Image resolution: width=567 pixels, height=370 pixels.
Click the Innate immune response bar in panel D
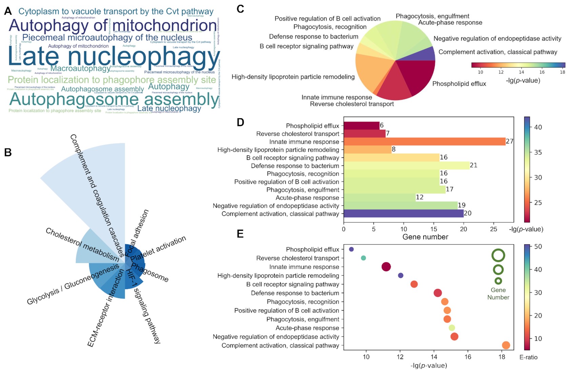point(424,142)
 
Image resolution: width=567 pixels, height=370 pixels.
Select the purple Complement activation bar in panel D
point(403,213)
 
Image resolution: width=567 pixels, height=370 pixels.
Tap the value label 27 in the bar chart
point(509,141)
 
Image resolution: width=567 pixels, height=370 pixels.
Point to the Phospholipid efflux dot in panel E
point(351,249)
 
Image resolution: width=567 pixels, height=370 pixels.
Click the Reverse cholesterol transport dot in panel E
point(363,258)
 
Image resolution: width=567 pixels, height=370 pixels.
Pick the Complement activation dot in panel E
point(506,345)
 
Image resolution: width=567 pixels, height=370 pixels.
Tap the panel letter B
point(8,152)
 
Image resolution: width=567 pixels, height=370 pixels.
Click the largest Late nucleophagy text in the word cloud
point(114,57)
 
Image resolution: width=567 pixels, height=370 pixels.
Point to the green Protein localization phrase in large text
point(112,80)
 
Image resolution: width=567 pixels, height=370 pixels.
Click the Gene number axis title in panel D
point(425,237)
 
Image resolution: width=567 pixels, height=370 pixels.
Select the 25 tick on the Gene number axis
point(493,229)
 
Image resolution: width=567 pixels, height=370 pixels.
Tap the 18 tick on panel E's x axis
point(502,357)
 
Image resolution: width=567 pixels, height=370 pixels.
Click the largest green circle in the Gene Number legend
point(498,255)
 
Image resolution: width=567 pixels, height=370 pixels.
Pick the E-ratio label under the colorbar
point(528,357)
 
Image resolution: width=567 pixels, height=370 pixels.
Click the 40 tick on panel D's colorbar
point(538,127)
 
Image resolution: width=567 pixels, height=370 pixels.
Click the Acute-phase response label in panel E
point(307,328)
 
